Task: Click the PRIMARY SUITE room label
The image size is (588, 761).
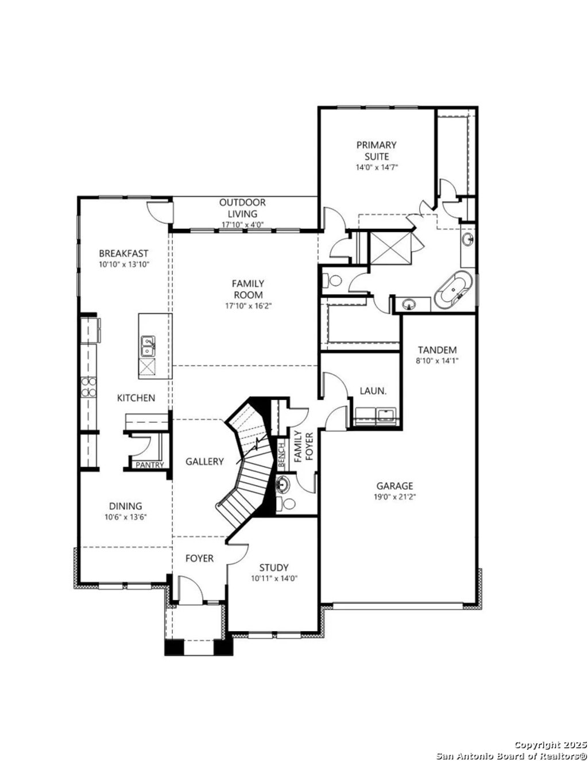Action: point(376,151)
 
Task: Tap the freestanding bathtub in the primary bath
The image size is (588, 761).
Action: point(454,290)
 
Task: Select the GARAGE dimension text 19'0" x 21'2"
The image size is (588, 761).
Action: point(394,496)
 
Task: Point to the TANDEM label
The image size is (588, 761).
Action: point(437,350)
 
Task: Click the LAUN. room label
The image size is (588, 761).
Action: point(373,391)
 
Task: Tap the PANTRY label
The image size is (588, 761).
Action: point(149,465)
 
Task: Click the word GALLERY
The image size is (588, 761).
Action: point(204,462)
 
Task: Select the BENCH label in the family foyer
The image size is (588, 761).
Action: point(281,455)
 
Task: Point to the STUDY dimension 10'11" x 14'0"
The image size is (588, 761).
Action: point(274,578)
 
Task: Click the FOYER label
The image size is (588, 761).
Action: point(199,558)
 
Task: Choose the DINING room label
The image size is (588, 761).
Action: point(125,506)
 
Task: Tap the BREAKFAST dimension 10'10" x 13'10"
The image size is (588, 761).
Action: point(123,264)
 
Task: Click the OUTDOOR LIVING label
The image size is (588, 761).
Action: point(242,208)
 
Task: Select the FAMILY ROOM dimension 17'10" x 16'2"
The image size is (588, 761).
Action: point(248,306)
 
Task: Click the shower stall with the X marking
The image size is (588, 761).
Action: point(390,248)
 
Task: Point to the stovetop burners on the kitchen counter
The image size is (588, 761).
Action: point(89,386)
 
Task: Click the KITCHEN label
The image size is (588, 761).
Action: point(136,398)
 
